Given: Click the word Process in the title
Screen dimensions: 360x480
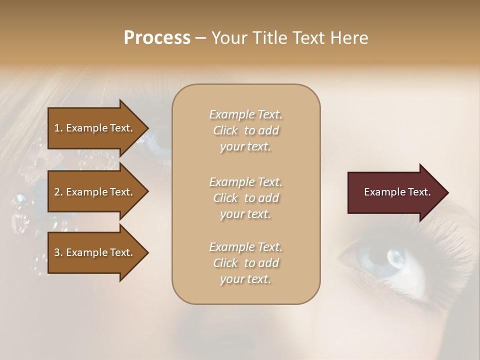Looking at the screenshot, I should [x=157, y=38].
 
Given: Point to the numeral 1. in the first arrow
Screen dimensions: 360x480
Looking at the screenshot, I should [x=58, y=128].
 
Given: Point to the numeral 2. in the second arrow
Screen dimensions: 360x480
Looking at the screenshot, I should [x=58, y=192].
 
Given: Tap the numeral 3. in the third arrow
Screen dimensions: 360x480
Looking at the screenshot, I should [x=58, y=252].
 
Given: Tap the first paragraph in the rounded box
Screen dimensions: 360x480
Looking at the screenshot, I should [x=245, y=130].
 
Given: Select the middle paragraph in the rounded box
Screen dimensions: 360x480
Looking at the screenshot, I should [x=245, y=197].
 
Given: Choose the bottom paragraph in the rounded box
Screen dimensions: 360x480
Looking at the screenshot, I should [x=245, y=263].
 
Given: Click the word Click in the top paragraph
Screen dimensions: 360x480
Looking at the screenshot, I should [x=225, y=130].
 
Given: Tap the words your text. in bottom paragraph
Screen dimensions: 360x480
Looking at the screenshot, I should [x=245, y=279].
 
